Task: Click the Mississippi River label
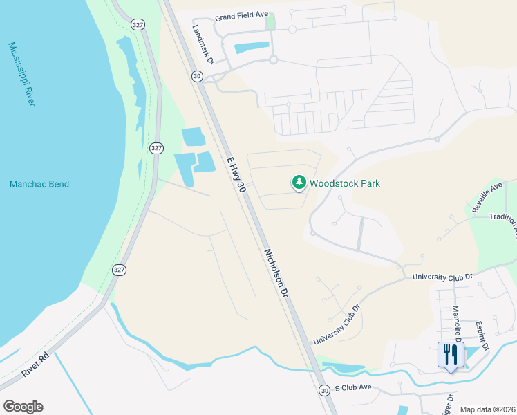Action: tap(21, 74)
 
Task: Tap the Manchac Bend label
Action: tap(39, 184)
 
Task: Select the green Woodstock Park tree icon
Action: tap(299, 183)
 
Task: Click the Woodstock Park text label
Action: tap(345, 184)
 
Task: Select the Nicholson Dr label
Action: tap(274, 273)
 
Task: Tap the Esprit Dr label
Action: tap(483, 335)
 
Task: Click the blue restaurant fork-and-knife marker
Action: tap(451, 356)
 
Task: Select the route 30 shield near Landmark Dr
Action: tap(198, 76)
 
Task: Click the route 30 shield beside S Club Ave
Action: tap(325, 391)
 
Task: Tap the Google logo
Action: tap(23, 407)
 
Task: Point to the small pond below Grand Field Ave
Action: tap(252, 48)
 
